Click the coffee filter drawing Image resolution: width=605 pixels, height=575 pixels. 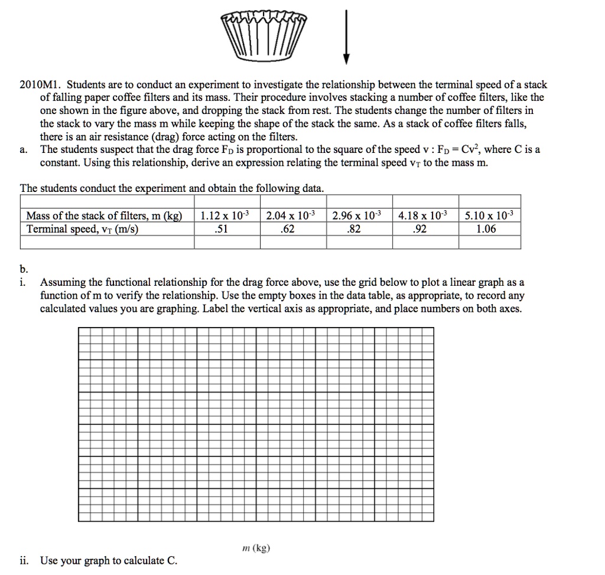[264, 38]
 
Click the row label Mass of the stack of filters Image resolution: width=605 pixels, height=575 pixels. [105, 215]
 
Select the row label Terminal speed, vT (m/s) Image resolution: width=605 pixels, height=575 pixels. [83, 229]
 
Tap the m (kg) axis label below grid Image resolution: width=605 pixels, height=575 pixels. [256, 548]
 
